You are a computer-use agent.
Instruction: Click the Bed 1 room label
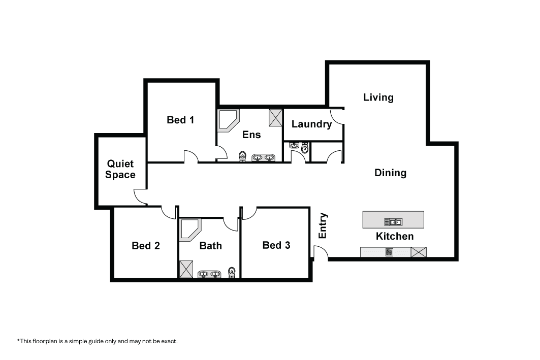click(x=180, y=120)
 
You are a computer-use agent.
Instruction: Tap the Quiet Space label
click(x=120, y=169)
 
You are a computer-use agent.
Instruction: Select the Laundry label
click(x=312, y=124)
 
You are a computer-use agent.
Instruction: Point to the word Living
click(x=378, y=97)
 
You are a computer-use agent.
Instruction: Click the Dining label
click(x=390, y=173)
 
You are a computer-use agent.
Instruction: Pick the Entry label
click(x=323, y=226)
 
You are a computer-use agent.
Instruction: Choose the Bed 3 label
click(x=276, y=245)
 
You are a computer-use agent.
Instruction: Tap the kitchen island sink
click(x=393, y=222)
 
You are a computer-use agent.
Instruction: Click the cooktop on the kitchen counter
click(x=389, y=252)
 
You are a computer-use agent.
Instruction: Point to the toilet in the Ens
click(x=242, y=156)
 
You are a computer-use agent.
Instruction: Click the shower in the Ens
click(x=275, y=118)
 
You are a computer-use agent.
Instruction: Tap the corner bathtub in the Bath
click(x=189, y=230)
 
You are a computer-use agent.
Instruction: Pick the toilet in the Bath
click(x=232, y=272)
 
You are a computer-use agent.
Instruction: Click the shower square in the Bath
click(x=186, y=269)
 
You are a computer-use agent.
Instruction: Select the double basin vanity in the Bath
click(x=209, y=274)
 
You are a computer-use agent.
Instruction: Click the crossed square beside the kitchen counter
click(x=419, y=252)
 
